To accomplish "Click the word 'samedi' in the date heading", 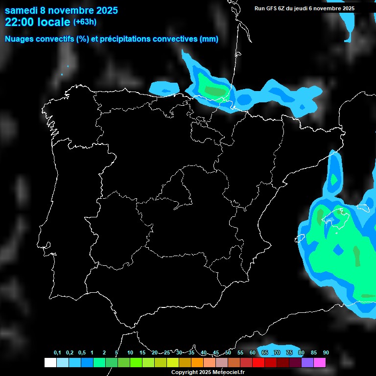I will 22,10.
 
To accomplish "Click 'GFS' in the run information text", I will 272,8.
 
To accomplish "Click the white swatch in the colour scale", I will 50,363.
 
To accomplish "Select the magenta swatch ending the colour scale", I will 320,363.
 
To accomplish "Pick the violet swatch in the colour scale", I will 307,363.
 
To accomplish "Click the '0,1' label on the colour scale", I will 57,353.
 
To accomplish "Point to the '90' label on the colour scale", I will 326,353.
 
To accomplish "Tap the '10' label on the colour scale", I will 130,353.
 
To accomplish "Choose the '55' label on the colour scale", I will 240,353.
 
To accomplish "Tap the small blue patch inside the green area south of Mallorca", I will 338,250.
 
